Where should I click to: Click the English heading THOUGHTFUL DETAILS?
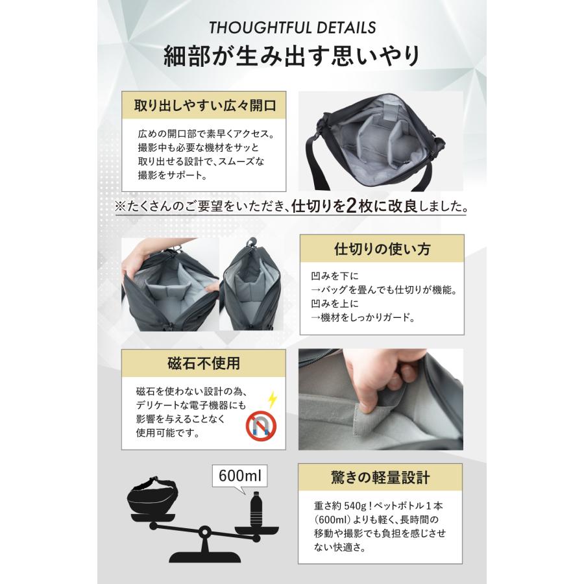291,28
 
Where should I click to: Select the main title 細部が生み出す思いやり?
291,56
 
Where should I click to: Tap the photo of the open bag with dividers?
380,140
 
